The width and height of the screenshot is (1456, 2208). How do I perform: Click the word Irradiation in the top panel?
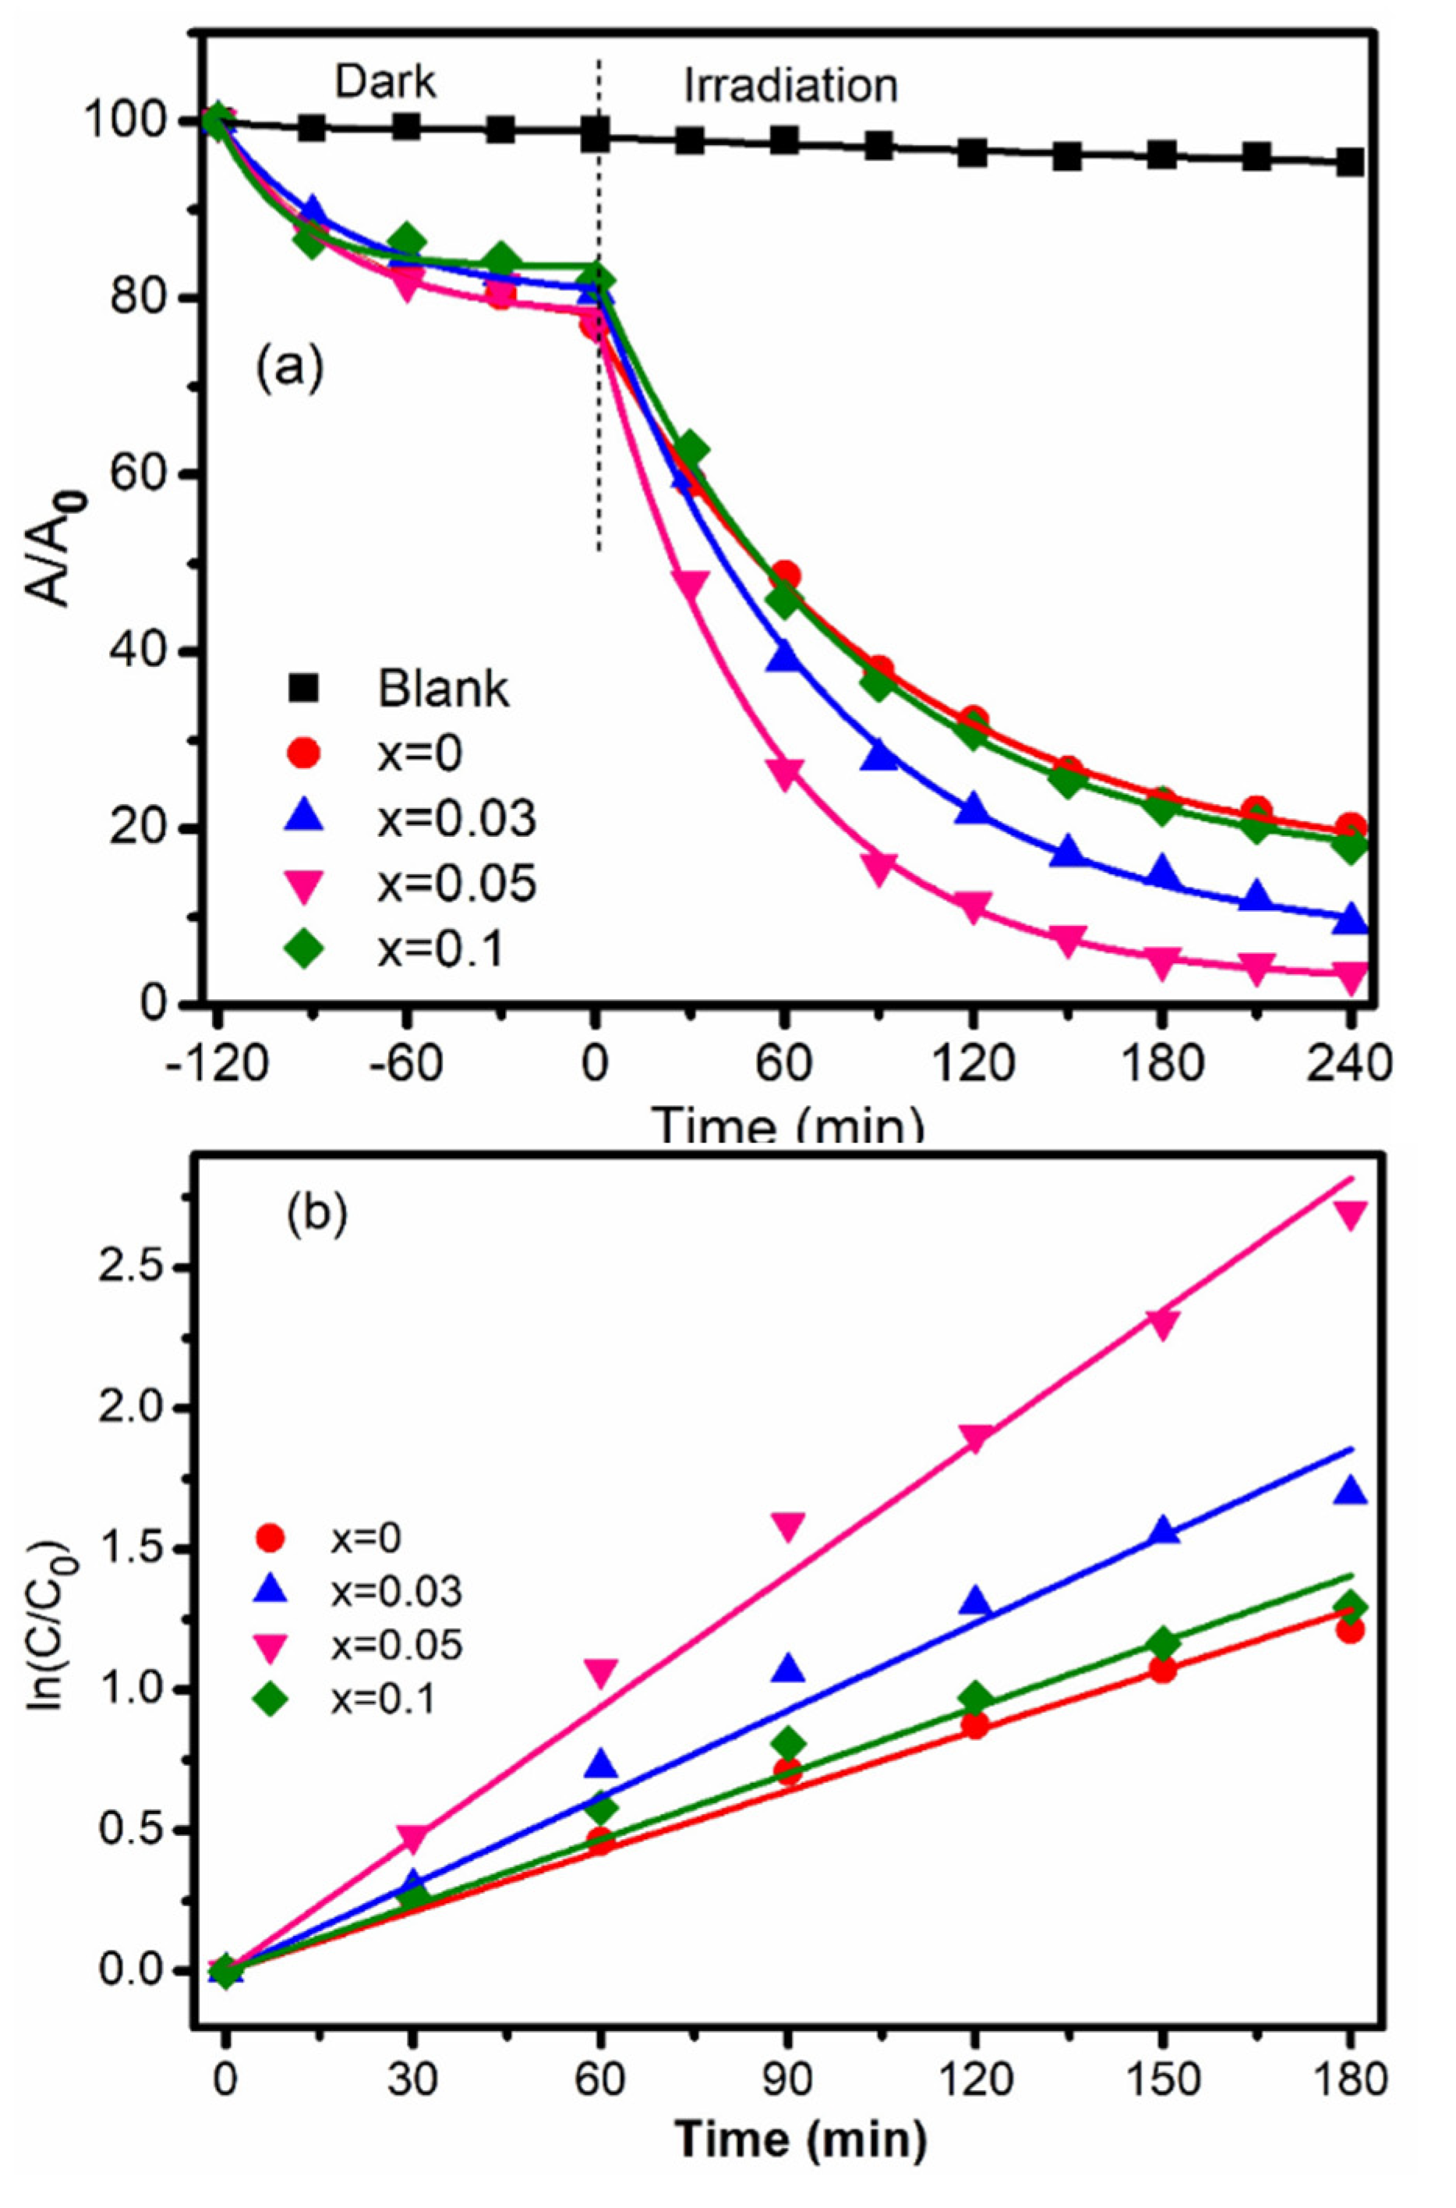click(791, 87)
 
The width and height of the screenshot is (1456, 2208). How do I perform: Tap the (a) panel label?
click(291, 369)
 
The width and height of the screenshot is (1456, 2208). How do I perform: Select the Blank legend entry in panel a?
click(442, 689)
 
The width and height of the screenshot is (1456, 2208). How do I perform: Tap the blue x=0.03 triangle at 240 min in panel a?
click(1350, 919)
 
